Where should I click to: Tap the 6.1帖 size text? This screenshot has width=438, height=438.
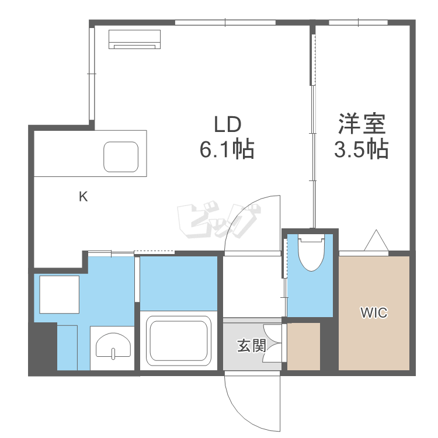[227, 150]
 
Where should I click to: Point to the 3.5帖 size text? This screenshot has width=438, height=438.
[361, 150]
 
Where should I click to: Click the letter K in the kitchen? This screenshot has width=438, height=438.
[84, 197]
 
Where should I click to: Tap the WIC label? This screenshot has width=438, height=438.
[373, 313]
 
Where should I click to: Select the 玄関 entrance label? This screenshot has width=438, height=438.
[251, 346]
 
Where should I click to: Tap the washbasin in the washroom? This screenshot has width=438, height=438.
[113, 346]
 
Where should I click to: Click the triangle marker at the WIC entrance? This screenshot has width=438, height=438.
[374, 241]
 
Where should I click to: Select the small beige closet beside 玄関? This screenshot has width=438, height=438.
[304, 346]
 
